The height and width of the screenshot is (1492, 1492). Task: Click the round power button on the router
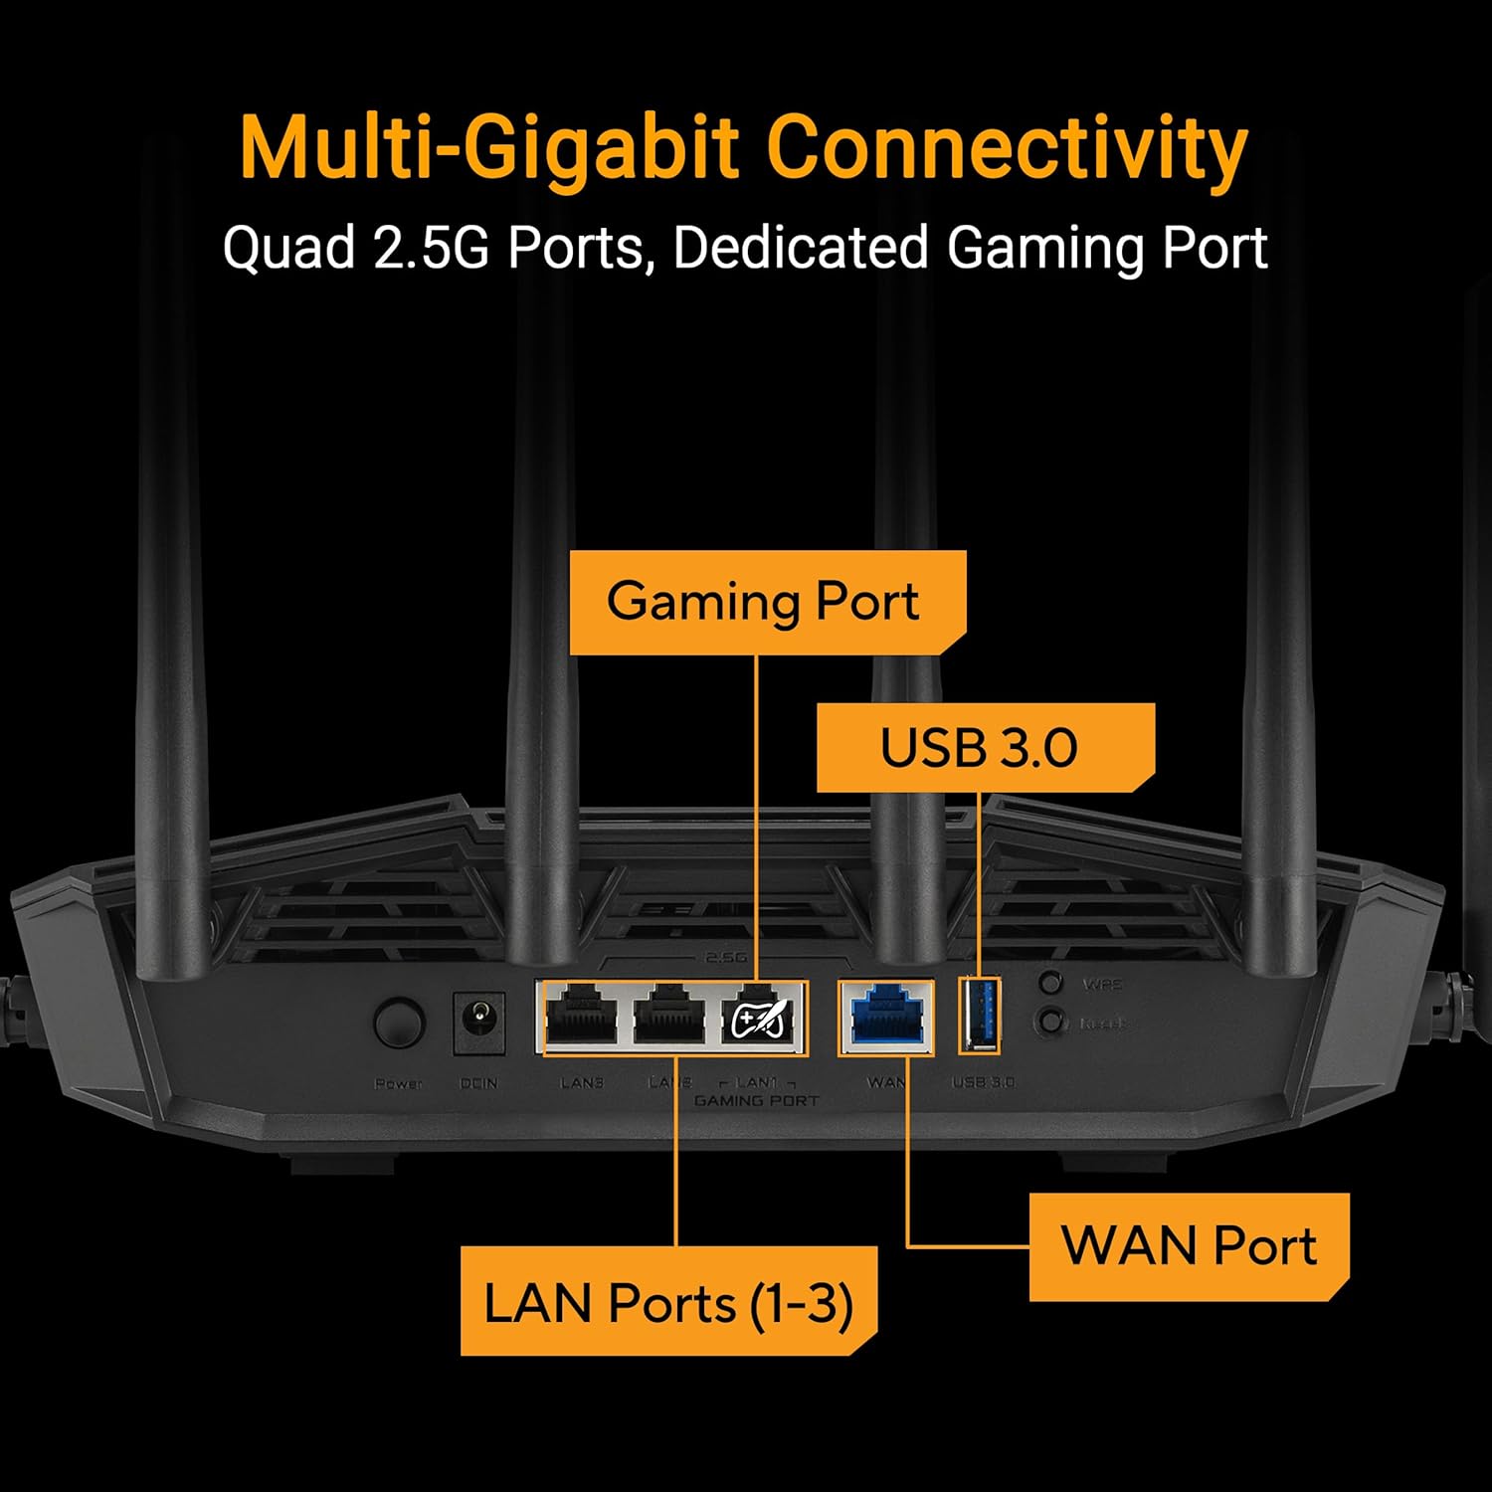click(x=399, y=1022)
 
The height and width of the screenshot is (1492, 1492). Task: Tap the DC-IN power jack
click(x=479, y=1022)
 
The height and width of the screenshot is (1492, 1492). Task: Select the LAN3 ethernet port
click(x=582, y=1017)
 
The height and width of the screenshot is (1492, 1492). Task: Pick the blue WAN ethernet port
click(x=886, y=1017)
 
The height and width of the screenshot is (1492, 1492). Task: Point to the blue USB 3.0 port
click(x=980, y=1016)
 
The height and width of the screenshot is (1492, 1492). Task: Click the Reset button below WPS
click(x=1050, y=1022)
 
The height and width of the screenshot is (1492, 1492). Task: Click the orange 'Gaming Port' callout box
click(x=766, y=602)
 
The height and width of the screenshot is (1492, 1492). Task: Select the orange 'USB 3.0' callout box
click(x=984, y=748)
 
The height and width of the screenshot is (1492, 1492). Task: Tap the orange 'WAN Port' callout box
click(x=1189, y=1246)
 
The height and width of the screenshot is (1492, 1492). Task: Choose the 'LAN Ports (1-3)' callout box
click(x=668, y=1301)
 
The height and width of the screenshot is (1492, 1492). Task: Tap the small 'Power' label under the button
click(x=398, y=1083)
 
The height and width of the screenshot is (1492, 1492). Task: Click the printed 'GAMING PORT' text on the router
click(x=756, y=1100)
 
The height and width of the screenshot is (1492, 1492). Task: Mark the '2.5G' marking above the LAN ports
click(x=725, y=957)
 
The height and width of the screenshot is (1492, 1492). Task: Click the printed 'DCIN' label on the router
click(x=478, y=1083)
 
